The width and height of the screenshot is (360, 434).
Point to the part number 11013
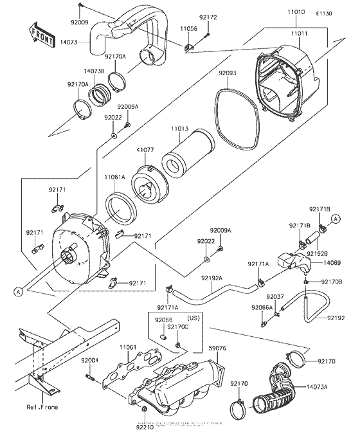tap(180, 129)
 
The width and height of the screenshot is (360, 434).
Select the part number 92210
tap(145, 426)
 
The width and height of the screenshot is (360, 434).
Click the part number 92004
tap(90, 361)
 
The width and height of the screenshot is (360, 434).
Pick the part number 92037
tap(276, 296)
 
